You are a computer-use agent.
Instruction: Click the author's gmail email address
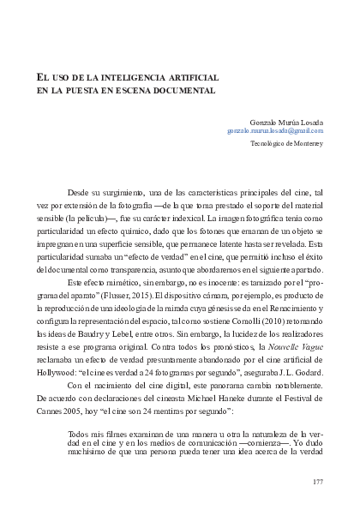[x=274, y=130]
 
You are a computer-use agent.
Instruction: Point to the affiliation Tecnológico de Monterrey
[x=286, y=144]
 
